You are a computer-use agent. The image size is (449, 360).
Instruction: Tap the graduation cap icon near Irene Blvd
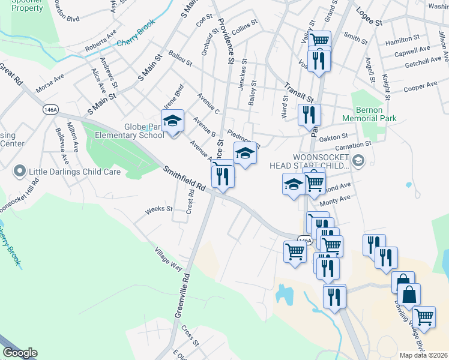[172, 121]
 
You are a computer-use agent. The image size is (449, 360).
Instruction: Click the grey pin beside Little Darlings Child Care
[19, 172]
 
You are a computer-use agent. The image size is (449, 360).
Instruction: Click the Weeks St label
[159, 210]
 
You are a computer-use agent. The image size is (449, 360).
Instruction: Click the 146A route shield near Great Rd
[50, 110]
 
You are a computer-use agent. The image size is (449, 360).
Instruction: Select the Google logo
[20, 353]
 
